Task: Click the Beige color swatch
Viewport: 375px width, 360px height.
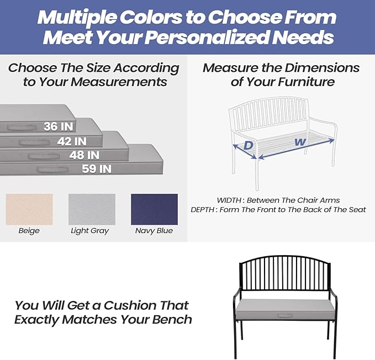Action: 29,209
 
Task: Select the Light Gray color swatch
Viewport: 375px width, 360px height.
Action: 91,209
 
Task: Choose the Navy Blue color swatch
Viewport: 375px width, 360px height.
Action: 154,209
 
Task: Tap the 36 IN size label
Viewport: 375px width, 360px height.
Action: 58,126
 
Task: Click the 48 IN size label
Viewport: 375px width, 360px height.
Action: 84,155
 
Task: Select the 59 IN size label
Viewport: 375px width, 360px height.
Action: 97,169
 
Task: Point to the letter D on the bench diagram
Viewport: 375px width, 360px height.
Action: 249,145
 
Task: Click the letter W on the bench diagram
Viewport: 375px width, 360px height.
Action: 300,142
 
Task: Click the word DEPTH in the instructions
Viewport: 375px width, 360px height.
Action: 204,210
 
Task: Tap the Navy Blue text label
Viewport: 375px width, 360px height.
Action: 154,231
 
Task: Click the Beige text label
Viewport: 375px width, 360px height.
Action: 29,231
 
